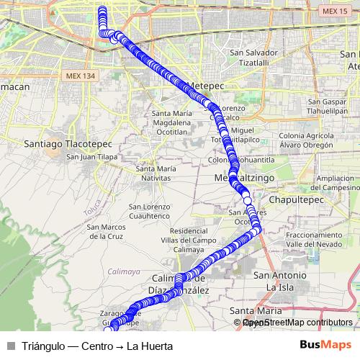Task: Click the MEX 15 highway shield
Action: tap(330, 12)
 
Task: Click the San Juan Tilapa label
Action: tap(91, 157)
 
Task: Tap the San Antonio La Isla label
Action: tap(281, 281)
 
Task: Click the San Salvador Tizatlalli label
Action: tap(253, 57)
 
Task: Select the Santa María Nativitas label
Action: tap(156, 173)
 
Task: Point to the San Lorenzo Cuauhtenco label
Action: tap(150, 212)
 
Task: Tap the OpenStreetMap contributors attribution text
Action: tap(294, 323)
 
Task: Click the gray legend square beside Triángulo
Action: tap(10, 346)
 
